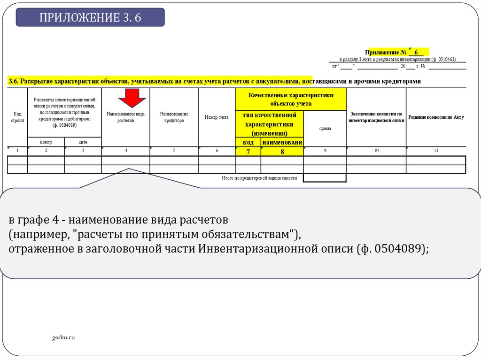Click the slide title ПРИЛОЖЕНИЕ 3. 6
point(90,18)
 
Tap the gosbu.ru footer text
point(63,337)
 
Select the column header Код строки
point(17,117)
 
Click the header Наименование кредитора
point(174,117)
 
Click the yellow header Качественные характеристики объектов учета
point(291,99)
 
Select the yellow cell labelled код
point(248,142)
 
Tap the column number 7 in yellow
point(248,151)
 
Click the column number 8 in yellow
point(282,151)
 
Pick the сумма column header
point(325,128)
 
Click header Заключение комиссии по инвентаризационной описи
point(376,117)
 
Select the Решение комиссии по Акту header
point(436,117)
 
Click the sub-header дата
point(83,142)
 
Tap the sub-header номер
point(46,142)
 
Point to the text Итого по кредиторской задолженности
point(259,178)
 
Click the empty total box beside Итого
point(325,178)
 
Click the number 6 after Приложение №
point(416,52)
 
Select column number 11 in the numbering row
point(436,150)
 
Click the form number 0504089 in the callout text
point(399,249)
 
